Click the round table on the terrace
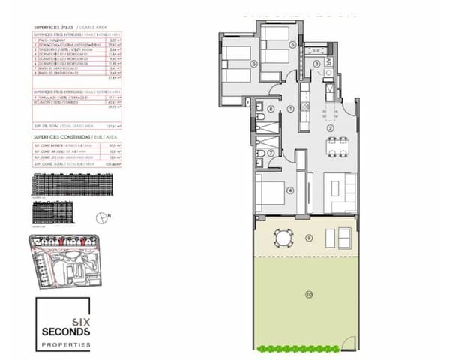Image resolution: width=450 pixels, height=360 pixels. pos(284,238)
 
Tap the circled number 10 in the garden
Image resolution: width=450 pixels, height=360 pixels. pos(309,295)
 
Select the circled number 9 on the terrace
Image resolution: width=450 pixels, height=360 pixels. pos(309,238)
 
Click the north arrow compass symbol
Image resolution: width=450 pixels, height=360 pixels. pos(102,217)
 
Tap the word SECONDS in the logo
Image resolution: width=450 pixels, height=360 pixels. pos(64,331)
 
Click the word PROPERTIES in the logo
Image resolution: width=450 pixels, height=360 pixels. pos(64,345)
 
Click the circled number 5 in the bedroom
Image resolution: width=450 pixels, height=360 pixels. pos(294,44)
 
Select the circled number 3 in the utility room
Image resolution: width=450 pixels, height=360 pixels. pos(317,64)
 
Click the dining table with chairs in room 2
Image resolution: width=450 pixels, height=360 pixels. pos(331,151)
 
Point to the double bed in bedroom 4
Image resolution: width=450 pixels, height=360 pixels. pos(270,194)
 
